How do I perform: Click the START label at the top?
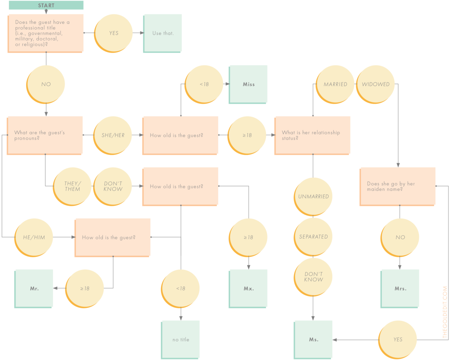[46, 5]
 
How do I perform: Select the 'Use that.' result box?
[163, 33]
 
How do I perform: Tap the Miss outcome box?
[249, 84]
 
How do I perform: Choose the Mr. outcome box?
[34, 288]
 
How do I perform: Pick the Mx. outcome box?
[249, 288]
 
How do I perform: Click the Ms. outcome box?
[313, 339]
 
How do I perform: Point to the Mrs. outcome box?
[400, 288]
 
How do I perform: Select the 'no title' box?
[181, 339]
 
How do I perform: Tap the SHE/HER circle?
[112, 135]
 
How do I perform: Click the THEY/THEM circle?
[72, 186]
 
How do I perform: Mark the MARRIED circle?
[335, 84]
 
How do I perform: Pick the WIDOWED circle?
[375, 84]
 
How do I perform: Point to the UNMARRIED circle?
[313, 196]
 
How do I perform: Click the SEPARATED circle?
[313, 237]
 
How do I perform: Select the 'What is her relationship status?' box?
[312, 135]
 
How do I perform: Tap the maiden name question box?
[397, 186]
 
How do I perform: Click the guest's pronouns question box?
[45, 135]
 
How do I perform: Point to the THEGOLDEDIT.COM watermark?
[445, 312]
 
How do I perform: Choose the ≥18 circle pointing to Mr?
[85, 288]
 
